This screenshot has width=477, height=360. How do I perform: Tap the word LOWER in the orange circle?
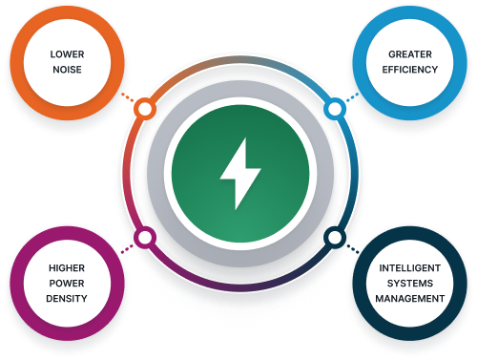click(67, 54)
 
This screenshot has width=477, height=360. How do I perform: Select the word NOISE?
click(67, 72)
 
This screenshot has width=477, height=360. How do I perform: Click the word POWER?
click(68, 284)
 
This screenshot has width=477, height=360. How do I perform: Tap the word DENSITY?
click(68, 299)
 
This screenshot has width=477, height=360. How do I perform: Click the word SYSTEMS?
click(408, 284)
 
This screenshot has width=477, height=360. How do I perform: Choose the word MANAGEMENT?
click(408, 299)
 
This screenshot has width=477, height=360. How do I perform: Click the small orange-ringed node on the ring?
click(144, 110)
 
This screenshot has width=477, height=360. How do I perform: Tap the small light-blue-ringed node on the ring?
click(333, 110)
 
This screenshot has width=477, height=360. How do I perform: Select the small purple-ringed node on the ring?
click(145, 237)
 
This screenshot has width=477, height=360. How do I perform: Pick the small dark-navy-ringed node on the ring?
click(333, 237)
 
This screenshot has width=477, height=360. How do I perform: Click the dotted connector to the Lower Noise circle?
click(129, 98)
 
